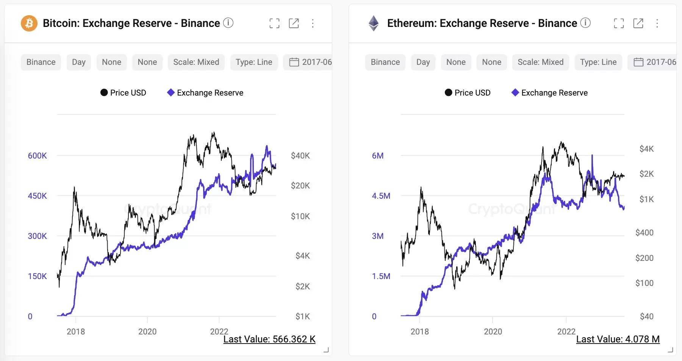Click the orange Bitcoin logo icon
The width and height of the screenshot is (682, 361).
coord(29,23)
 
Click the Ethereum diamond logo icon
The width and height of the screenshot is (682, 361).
coord(374,23)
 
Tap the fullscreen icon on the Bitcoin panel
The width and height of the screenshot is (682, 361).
coord(274,23)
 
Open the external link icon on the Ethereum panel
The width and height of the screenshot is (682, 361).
coord(638,23)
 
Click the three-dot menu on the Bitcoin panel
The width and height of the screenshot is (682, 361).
coord(313,23)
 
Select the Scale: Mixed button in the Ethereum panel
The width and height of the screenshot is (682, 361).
coord(540,62)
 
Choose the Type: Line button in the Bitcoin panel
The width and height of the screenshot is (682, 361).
coord(253,62)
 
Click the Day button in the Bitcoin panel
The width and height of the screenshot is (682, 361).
coord(78,62)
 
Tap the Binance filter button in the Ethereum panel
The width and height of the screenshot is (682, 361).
coord(385,62)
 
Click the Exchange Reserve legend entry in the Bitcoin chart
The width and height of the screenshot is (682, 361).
coord(205,93)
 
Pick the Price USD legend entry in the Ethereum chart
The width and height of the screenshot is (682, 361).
coord(468,93)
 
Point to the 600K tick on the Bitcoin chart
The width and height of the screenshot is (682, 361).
coord(37,155)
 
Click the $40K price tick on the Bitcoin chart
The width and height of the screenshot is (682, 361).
coord(300,155)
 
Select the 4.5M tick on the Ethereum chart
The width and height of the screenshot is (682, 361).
coord(381,196)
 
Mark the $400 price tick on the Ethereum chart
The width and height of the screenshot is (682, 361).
coord(644,232)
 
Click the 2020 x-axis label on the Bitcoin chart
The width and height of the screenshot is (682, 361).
coord(147,331)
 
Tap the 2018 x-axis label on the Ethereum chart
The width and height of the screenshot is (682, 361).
coord(419,331)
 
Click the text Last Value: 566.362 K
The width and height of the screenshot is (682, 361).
coord(269,339)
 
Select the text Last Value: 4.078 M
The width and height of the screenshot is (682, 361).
coord(618,339)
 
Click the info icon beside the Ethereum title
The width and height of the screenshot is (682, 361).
coord(585,23)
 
